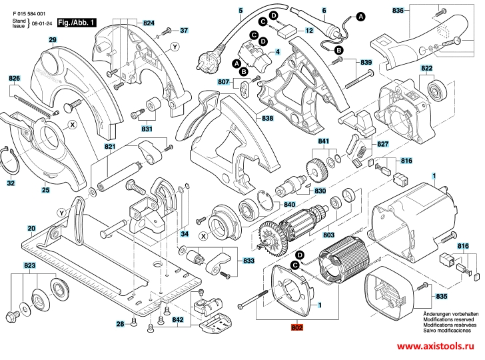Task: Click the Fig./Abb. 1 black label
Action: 77,23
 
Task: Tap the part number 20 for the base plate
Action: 31,229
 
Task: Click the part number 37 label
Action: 184,30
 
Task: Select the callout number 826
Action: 15,79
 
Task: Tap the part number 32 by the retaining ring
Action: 11,183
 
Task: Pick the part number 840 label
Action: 290,205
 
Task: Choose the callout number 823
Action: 29,265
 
